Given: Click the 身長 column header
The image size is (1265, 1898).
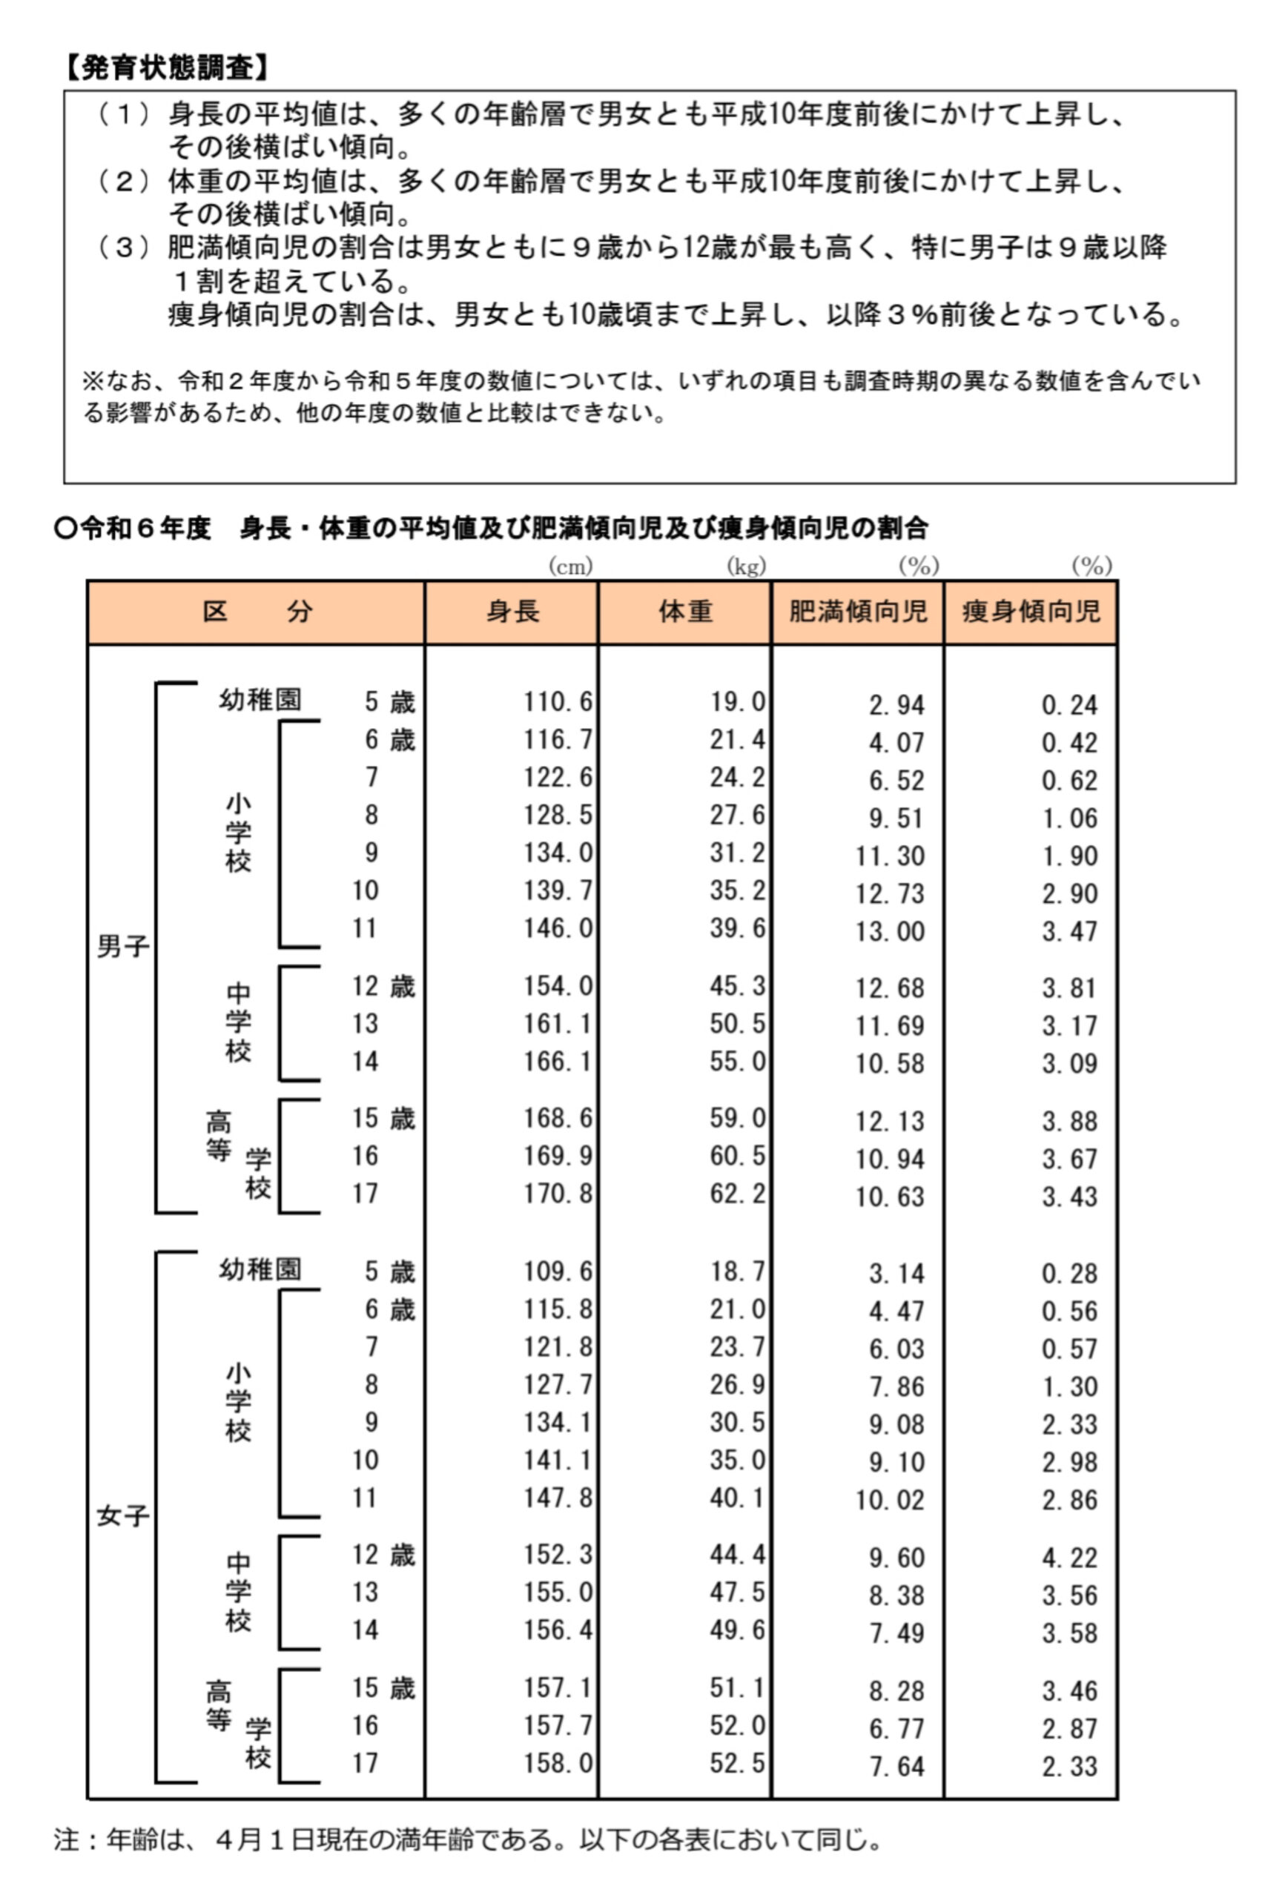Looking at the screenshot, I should point(512,612).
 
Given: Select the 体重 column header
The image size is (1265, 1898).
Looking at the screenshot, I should point(685,612).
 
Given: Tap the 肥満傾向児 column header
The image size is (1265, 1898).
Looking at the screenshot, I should point(858,612).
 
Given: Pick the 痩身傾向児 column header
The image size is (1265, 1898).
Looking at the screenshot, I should point(1030,612).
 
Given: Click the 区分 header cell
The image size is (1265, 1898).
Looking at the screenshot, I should point(257,612).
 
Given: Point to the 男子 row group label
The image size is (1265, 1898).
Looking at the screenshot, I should point(122,946).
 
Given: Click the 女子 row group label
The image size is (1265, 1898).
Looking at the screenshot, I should point(122,1516).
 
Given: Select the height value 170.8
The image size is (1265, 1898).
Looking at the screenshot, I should point(558,1193).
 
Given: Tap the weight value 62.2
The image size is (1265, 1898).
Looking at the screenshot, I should point(736,1193).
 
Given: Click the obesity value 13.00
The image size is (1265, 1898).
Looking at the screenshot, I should point(890,932).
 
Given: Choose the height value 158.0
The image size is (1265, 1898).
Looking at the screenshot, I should point(558,1762).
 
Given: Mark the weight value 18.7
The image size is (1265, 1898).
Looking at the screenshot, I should point(736,1272).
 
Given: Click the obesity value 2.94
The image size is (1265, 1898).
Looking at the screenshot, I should point(896,706).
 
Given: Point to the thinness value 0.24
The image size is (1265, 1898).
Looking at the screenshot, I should point(1069,706).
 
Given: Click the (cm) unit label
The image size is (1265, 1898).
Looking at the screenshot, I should point(570,567).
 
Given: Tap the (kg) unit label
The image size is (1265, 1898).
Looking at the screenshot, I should point(746,567).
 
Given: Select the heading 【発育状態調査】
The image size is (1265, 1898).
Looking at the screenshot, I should point(166,68).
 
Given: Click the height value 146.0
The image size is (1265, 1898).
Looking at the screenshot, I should point(558,928).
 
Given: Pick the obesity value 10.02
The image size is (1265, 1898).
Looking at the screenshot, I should point(890,1501).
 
